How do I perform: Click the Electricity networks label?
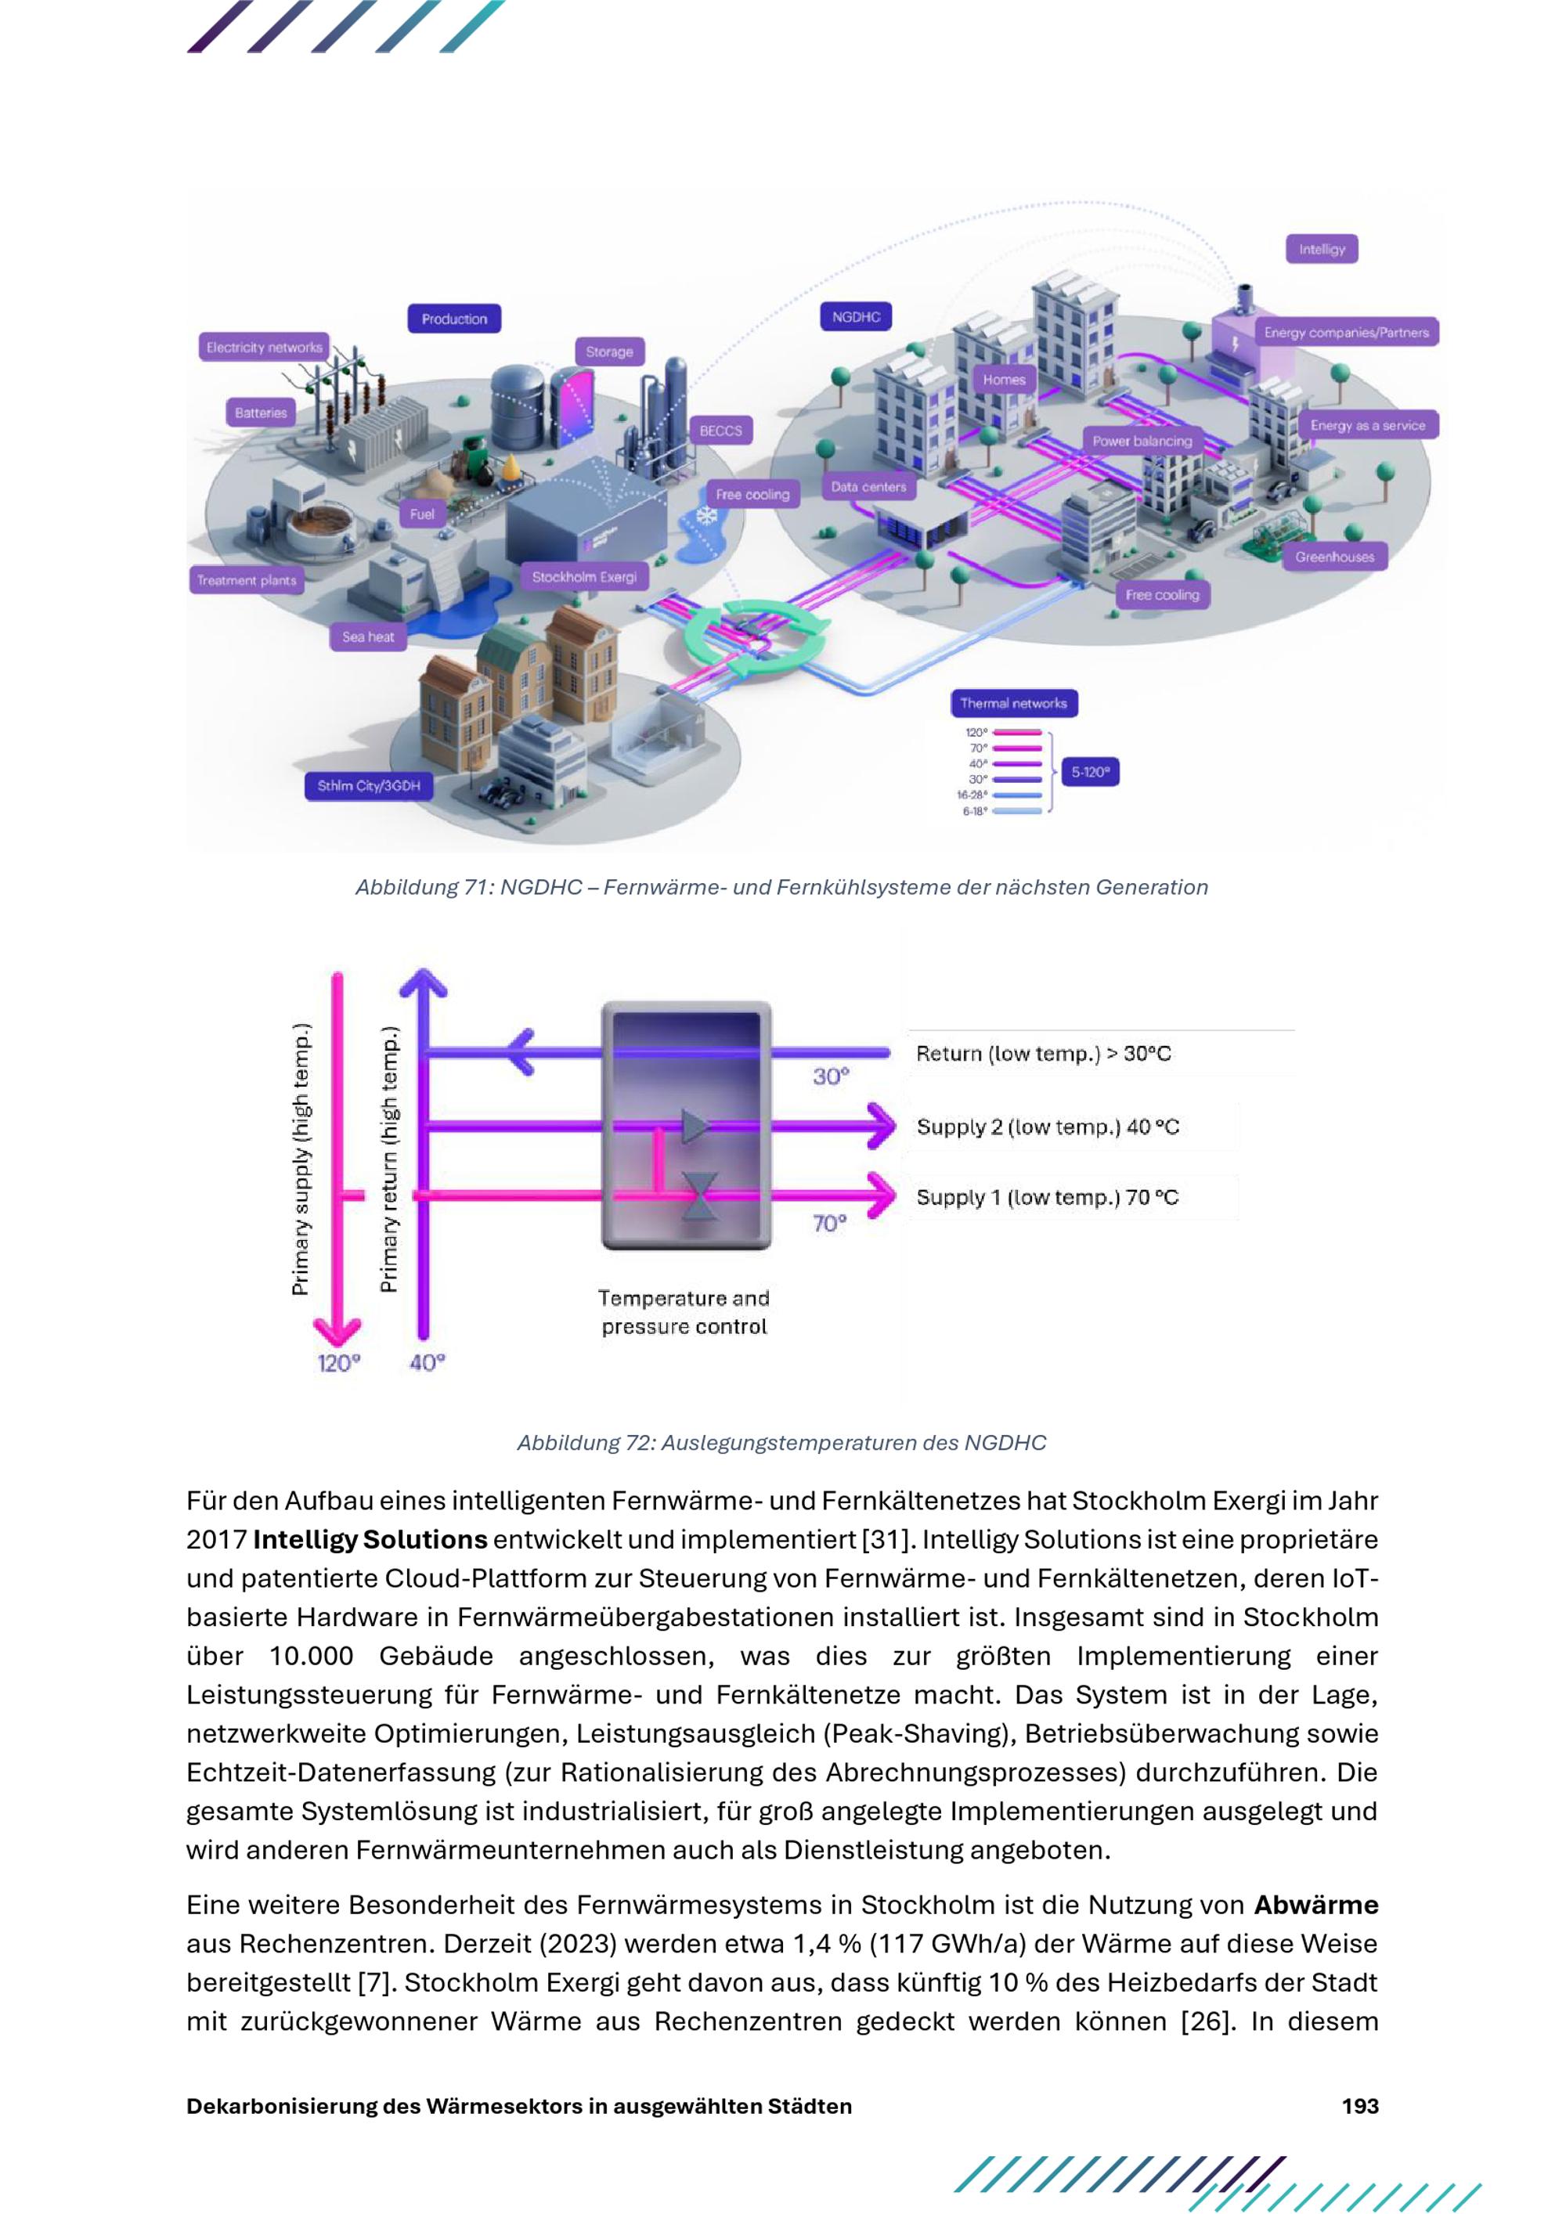[x=264, y=347]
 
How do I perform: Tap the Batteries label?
[x=262, y=413]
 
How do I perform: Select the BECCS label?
[x=720, y=431]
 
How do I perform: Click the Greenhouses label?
[x=1334, y=557]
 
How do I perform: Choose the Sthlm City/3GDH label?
[x=368, y=786]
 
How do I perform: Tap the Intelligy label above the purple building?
[x=1321, y=249]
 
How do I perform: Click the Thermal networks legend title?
[x=1013, y=703]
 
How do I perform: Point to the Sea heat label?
[x=368, y=636]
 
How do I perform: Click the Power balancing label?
[x=1142, y=441]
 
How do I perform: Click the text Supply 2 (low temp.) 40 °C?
[x=1047, y=1127]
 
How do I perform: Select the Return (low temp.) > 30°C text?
[x=1044, y=1053]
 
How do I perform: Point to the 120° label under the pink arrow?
[x=338, y=1362]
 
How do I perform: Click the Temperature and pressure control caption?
[x=684, y=1311]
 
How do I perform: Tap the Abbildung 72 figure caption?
[x=781, y=1443]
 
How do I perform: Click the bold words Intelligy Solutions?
[x=370, y=1540]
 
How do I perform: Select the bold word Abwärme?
[x=1316, y=1906]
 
